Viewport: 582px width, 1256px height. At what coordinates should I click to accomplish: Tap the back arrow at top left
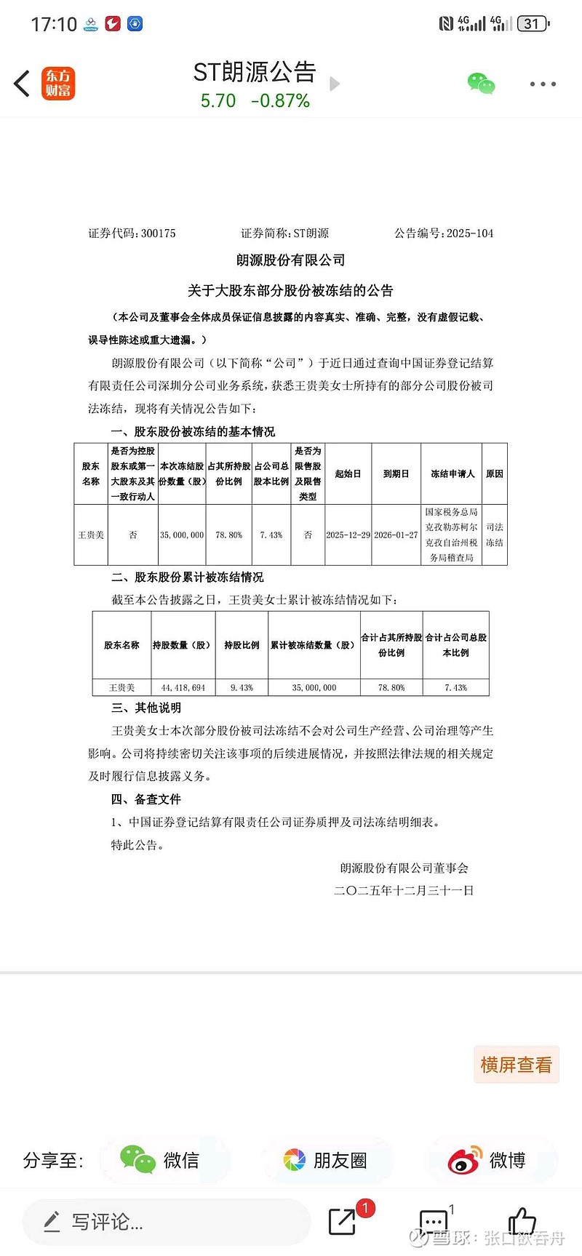(22, 84)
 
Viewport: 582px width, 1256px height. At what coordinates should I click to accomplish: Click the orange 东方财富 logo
(58, 84)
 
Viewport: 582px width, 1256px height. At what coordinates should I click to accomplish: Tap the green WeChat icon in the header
(481, 84)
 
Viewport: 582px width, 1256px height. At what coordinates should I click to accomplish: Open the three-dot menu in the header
(543, 84)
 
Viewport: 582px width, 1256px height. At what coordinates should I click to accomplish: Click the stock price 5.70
(218, 101)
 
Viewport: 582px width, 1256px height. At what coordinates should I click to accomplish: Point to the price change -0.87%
(280, 101)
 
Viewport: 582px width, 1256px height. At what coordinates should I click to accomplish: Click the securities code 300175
(158, 233)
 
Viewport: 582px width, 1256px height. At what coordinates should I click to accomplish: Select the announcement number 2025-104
(470, 233)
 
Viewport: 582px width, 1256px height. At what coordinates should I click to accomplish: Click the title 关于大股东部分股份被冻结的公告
(290, 291)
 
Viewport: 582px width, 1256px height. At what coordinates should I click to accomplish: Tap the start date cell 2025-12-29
(348, 535)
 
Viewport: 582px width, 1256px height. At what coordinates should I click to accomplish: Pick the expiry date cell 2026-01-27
(396, 535)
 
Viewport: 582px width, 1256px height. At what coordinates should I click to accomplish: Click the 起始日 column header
(348, 473)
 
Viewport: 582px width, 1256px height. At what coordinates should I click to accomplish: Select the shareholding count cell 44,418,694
(183, 687)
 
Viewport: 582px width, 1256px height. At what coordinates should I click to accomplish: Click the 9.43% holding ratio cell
(242, 687)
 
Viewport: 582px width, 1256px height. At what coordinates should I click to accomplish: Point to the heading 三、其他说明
(145, 708)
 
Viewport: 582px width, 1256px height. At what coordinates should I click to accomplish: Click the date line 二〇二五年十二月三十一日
(404, 890)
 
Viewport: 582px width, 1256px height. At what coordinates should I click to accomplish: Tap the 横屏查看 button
(516, 1065)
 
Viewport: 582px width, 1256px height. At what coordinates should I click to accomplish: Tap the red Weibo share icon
(464, 1160)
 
